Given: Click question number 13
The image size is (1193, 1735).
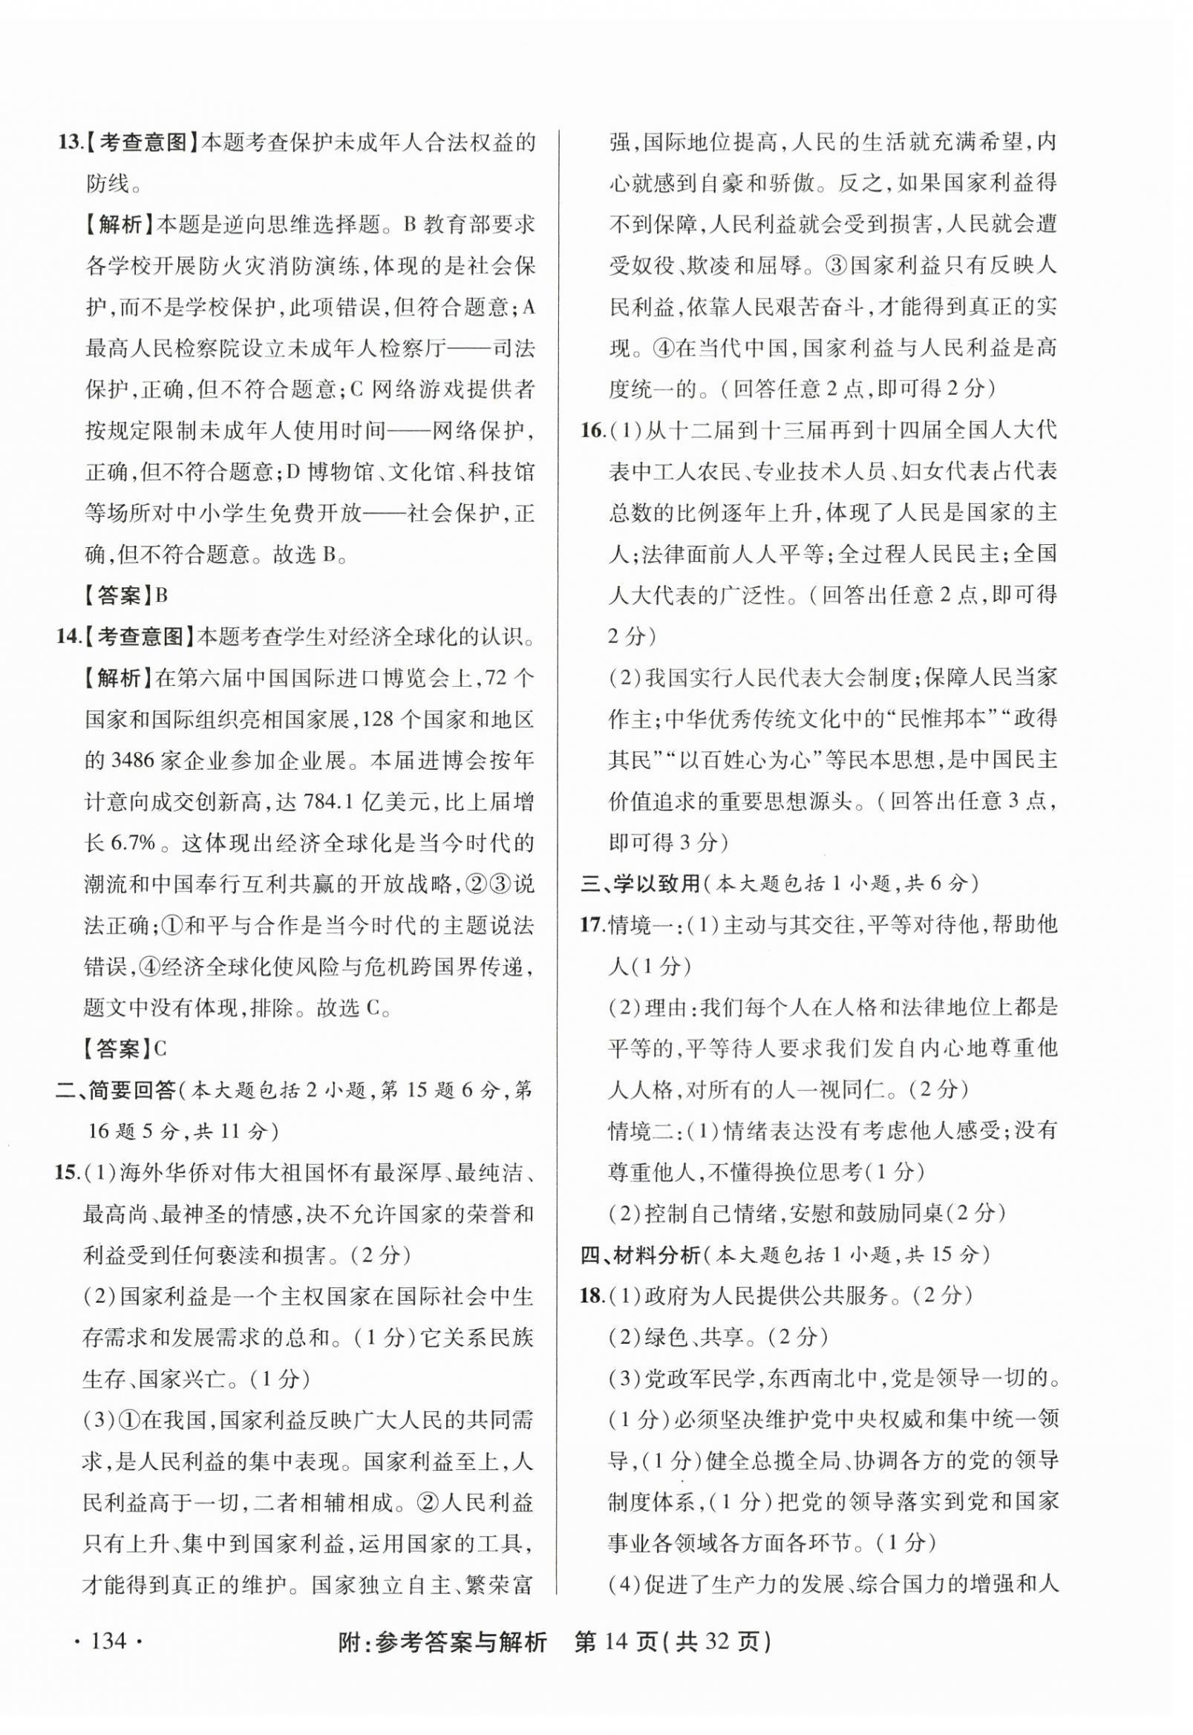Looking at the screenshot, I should [x=68, y=142].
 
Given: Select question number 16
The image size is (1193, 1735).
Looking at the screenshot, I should [x=592, y=431].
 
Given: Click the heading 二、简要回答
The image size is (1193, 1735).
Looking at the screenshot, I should [x=115, y=1091].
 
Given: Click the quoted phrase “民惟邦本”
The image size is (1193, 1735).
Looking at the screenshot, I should [x=943, y=719].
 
